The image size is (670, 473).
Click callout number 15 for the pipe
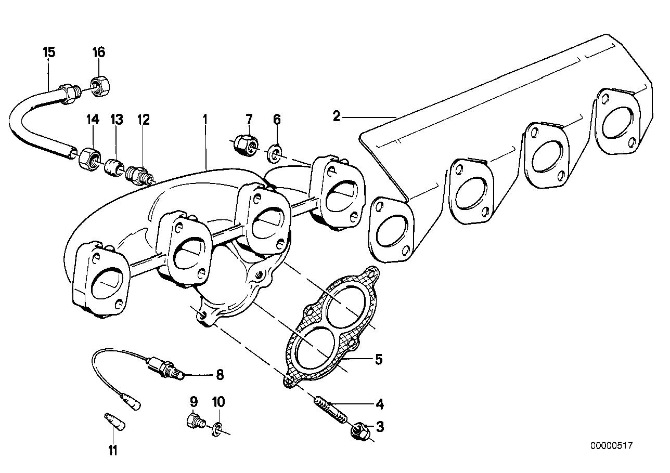(x=49, y=52)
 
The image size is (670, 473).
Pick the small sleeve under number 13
(x=113, y=167)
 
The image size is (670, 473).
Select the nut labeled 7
(x=244, y=144)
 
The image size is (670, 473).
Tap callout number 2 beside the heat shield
(x=337, y=116)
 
